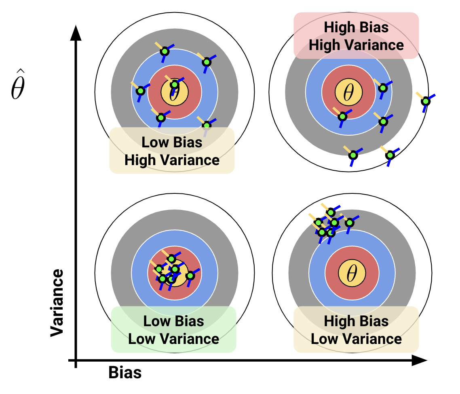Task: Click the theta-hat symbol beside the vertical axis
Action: [17, 89]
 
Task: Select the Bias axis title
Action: [125, 372]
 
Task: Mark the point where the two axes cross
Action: [76, 360]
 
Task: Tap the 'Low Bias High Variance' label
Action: [172, 151]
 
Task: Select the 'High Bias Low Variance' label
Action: [356, 330]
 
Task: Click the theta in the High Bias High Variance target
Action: [348, 92]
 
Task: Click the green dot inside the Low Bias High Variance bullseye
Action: [174, 85]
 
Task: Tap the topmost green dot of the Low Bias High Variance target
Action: [165, 51]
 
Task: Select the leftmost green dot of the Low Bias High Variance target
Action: [140, 91]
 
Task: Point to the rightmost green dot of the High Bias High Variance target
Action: [425, 101]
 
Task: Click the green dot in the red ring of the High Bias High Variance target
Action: [342, 116]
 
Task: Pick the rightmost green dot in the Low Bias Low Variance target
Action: [190, 276]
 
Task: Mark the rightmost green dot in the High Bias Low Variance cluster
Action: [349, 222]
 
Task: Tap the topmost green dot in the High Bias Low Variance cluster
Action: [331, 212]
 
